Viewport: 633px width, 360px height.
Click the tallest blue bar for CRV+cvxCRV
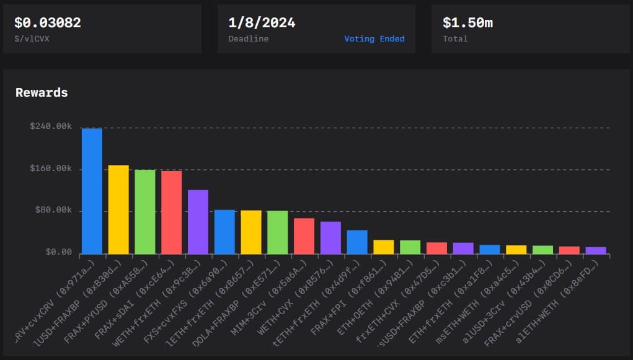pyautogui.click(x=92, y=191)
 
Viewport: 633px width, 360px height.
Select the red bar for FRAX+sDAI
pyautogui.click(x=171, y=212)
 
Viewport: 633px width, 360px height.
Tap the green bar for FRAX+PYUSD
pyautogui.click(x=145, y=211)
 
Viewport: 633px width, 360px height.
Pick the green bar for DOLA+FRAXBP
pyautogui.click(x=277, y=232)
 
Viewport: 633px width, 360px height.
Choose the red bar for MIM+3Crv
pyautogui.click(x=304, y=236)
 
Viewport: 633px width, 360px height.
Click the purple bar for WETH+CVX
pyautogui.click(x=330, y=237)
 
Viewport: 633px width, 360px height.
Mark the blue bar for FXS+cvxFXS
pyautogui.click(x=224, y=232)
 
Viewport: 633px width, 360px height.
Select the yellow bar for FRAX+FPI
pyautogui.click(x=384, y=247)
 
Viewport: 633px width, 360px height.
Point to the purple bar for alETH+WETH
pyautogui.click(x=596, y=250)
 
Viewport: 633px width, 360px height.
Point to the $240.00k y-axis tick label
pyautogui.click(x=51, y=126)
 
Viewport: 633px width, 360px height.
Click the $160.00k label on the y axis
pyautogui.click(x=51, y=169)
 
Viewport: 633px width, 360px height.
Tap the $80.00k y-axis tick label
pyautogui.click(x=53, y=211)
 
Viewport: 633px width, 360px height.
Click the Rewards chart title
pyautogui.click(x=42, y=93)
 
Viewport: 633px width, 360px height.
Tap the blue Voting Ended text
pyautogui.click(x=374, y=39)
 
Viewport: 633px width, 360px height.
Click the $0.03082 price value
pyautogui.click(x=47, y=23)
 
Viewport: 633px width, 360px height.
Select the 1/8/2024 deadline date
pyautogui.click(x=262, y=23)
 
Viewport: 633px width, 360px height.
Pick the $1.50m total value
pyautogui.click(x=467, y=23)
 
